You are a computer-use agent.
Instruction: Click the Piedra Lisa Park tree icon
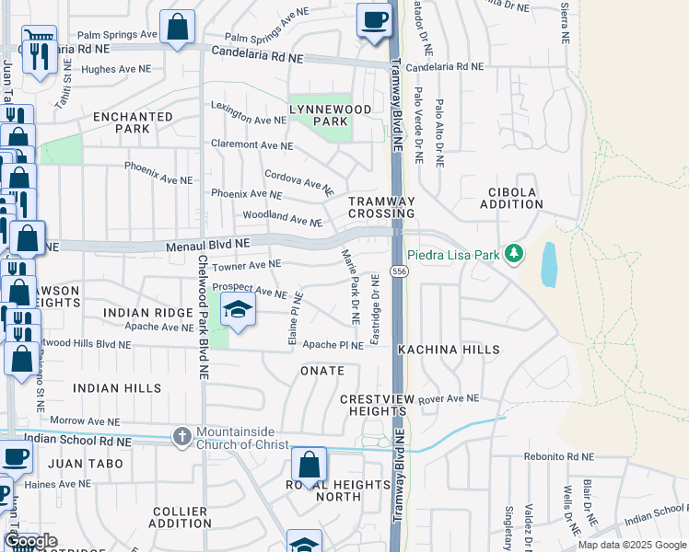[x=514, y=252]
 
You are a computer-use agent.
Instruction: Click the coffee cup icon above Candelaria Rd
[x=373, y=20]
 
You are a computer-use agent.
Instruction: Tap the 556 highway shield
[x=399, y=271]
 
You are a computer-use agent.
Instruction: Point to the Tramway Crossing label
[x=381, y=207]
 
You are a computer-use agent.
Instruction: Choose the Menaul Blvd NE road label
[x=208, y=245]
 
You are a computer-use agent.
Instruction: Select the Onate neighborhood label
[x=321, y=371]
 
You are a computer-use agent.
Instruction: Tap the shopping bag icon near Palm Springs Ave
[x=177, y=29]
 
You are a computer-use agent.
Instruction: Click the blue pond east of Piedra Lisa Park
[x=550, y=264]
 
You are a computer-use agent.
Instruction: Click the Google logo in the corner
[x=30, y=541]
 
